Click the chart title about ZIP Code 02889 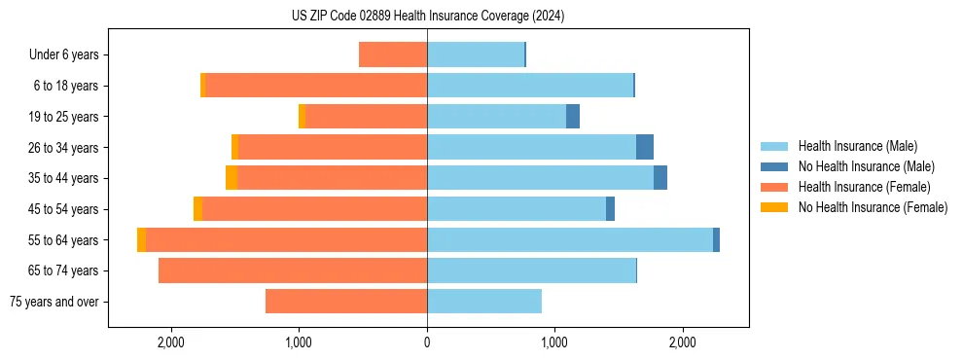pyautogui.click(x=428, y=16)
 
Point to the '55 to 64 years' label pyautogui.click(x=62, y=240)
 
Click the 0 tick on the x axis pyautogui.click(x=427, y=342)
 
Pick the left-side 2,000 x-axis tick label pyautogui.click(x=170, y=342)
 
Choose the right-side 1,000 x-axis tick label pyautogui.click(x=554, y=342)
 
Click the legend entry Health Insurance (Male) pyautogui.click(x=857, y=146)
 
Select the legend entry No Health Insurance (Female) pyautogui.click(x=873, y=207)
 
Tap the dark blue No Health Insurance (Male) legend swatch pyautogui.click(x=775, y=166)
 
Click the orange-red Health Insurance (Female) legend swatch pyautogui.click(x=775, y=187)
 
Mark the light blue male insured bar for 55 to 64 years pyautogui.click(x=569, y=240)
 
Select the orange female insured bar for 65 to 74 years pyautogui.click(x=292, y=270)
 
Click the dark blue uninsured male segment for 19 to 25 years pyautogui.click(x=573, y=117)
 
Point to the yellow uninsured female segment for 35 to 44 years pyautogui.click(x=232, y=178)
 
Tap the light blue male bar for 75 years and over pyautogui.click(x=484, y=302)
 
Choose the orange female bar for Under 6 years pyautogui.click(x=393, y=54)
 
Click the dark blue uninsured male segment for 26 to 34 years pyautogui.click(x=645, y=147)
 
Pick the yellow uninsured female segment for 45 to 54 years pyautogui.click(x=197, y=209)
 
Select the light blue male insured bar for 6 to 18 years pyautogui.click(x=530, y=86)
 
